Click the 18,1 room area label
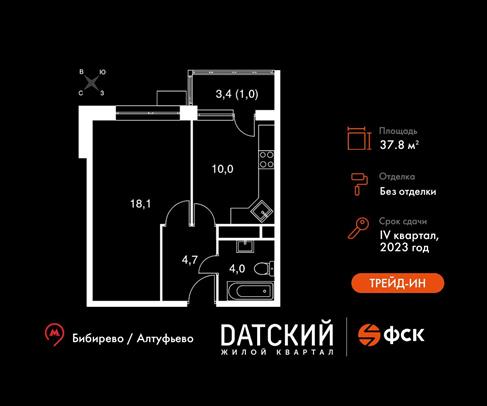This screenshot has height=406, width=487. point(141,203)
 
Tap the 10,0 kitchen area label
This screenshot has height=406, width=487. point(223,169)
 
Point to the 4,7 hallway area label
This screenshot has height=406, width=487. point(190,260)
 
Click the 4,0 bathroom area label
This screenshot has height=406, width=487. point(237,269)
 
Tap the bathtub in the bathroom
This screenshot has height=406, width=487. point(250,291)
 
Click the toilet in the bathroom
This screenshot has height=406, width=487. point(264,269)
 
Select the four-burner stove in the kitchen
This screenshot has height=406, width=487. point(267,159)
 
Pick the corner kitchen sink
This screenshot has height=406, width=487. point(262,211)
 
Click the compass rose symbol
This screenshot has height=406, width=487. point(92,82)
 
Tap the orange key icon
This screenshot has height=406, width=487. point(358,228)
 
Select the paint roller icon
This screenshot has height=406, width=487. point(359,184)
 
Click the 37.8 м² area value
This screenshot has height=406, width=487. point(399,145)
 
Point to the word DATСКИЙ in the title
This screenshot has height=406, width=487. point(277,334)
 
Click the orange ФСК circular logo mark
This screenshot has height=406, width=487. point(369,335)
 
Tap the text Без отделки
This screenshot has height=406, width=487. point(408,192)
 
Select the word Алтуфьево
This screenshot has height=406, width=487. point(165,339)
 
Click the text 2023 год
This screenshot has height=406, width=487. point(404,247)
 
